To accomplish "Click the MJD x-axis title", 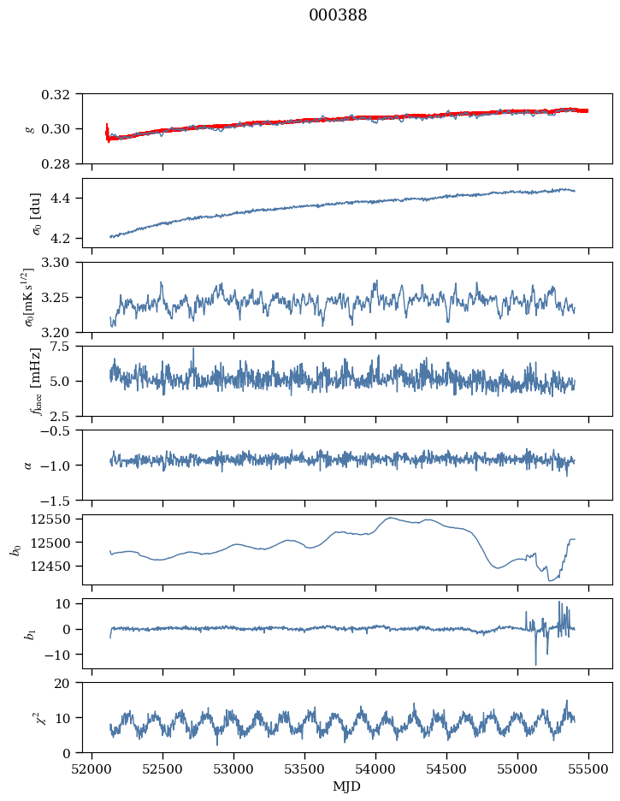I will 347,786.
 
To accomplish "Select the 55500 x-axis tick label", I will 588,768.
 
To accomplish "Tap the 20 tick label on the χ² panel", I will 69,683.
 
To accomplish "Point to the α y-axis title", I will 28,465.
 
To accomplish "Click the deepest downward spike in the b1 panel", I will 536,664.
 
